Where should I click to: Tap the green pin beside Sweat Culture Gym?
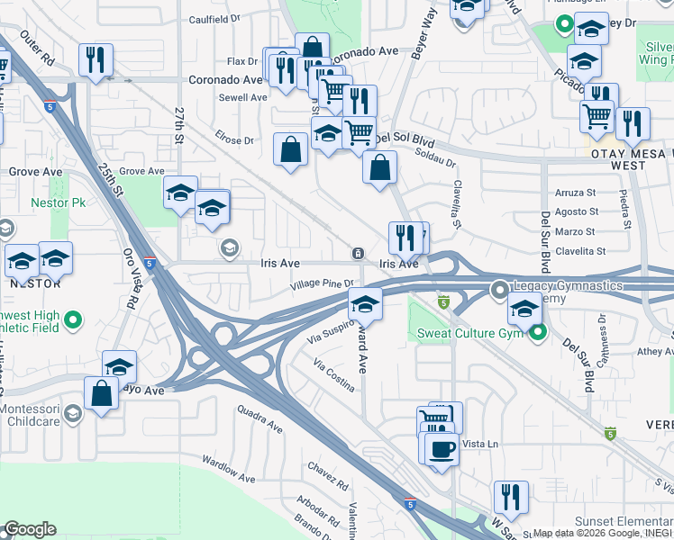[538, 333]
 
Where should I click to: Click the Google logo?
[29, 529]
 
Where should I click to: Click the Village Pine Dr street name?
[322, 284]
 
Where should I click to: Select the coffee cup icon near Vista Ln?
[440, 449]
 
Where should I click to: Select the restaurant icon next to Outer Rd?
[95, 60]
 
